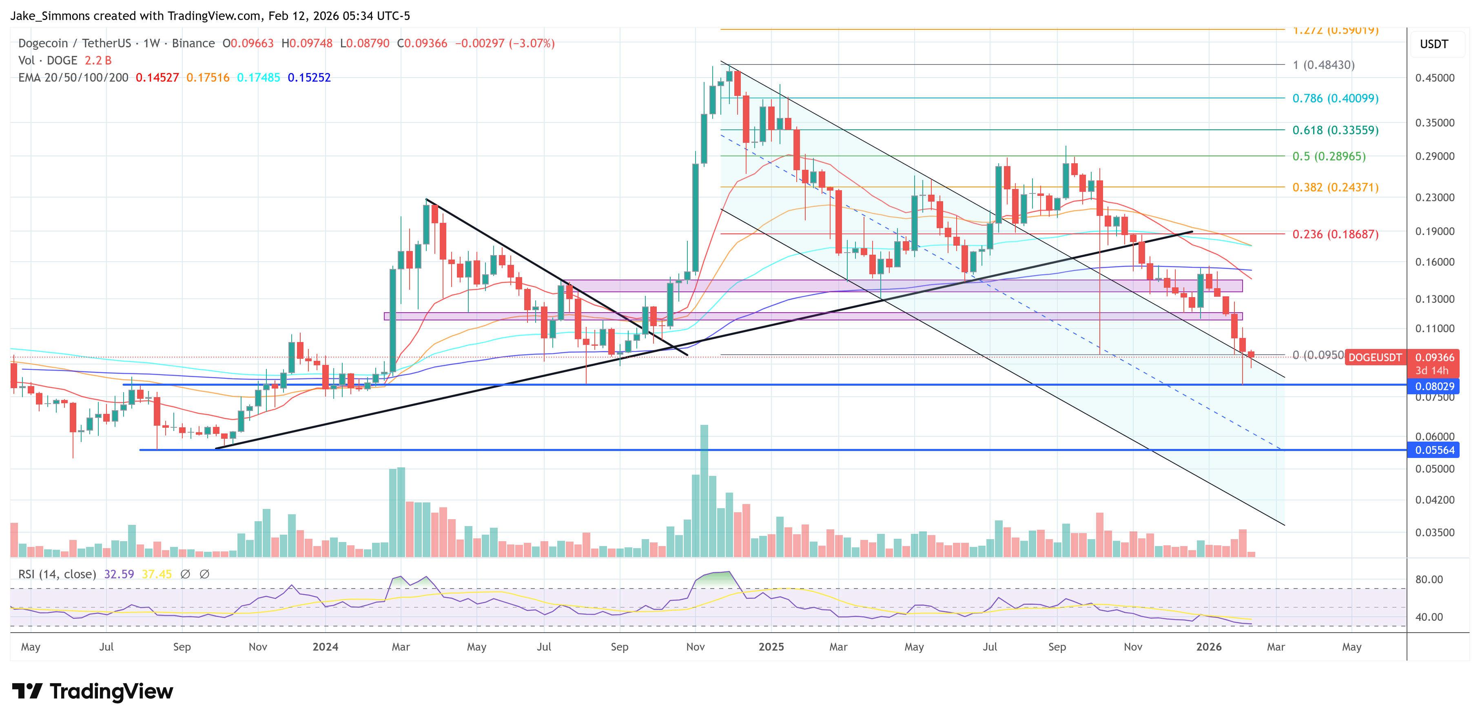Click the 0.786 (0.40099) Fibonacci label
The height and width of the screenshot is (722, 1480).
(1335, 98)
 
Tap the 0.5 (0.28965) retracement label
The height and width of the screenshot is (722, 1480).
(1328, 156)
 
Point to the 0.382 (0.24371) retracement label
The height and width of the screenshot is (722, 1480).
(1335, 187)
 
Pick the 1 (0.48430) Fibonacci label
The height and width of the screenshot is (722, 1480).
(1323, 65)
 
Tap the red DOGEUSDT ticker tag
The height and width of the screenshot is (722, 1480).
(1374, 358)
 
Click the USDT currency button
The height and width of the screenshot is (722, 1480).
(1433, 44)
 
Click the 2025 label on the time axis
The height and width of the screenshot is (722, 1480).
(771, 646)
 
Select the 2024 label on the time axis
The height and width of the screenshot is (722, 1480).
(325, 646)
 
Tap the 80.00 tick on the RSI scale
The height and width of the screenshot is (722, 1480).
(1428, 580)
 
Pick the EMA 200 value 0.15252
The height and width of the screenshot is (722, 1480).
(309, 78)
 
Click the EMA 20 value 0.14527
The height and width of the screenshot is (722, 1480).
(157, 78)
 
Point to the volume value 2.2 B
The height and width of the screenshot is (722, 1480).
(98, 60)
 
